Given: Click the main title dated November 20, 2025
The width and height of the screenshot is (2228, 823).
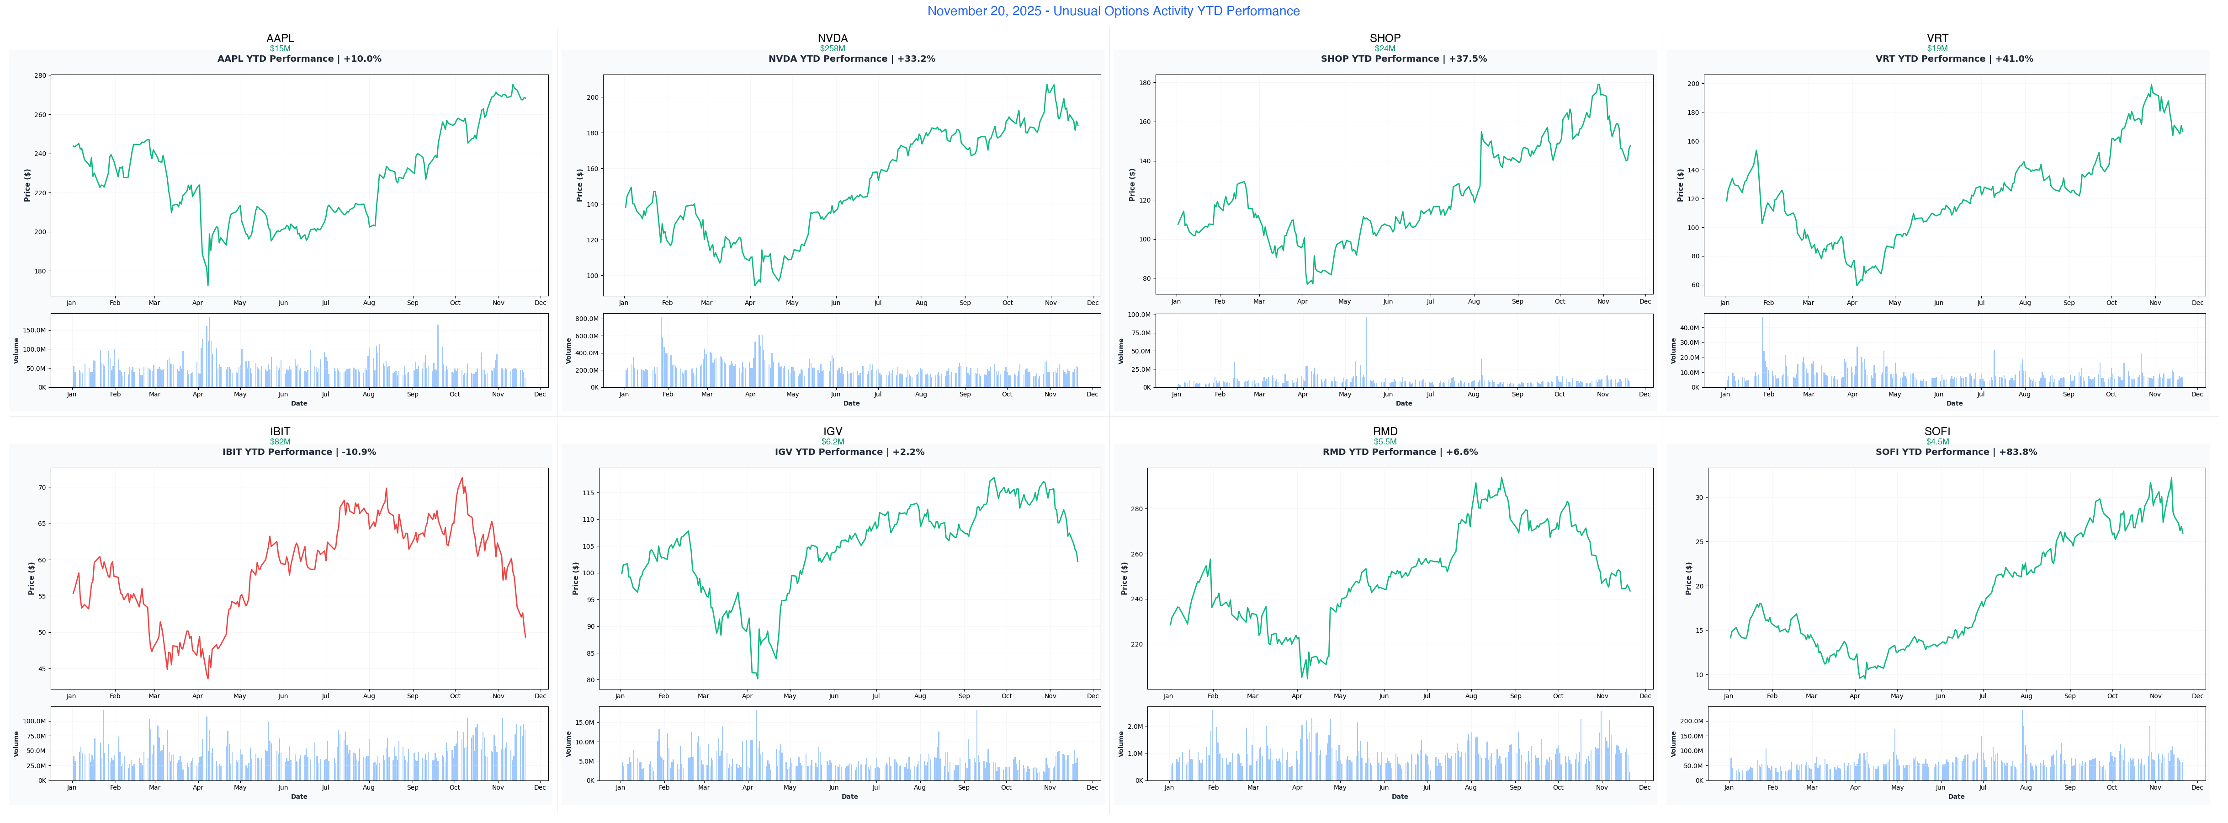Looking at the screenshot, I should [x=1113, y=11].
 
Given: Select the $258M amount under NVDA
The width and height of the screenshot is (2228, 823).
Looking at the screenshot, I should [x=832, y=48].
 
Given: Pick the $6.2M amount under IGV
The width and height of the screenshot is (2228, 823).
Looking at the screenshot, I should [x=832, y=441].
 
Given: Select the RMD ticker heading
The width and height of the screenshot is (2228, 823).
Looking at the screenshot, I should [x=1385, y=431].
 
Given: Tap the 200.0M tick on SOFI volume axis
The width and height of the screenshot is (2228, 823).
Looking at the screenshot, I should [x=1691, y=721].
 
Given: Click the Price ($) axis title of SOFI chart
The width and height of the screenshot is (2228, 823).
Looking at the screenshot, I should [x=1688, y=578].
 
